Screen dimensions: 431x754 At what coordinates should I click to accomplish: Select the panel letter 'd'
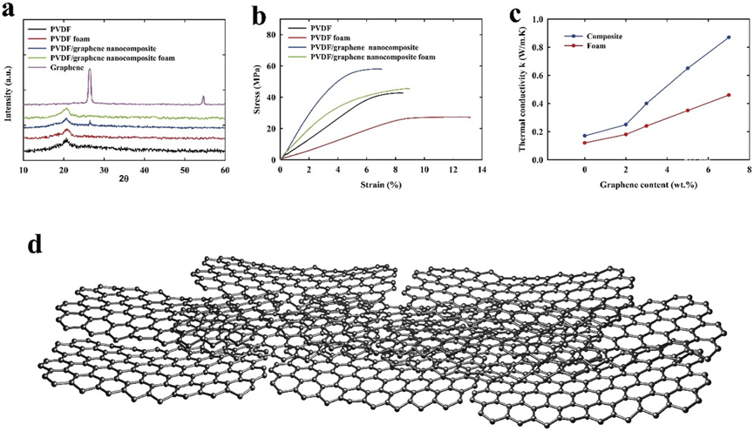36,243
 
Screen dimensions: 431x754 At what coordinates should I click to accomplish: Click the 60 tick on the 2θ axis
225,171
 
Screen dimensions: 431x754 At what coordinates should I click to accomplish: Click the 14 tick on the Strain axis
481,171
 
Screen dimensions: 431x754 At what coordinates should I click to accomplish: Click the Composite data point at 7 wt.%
728,37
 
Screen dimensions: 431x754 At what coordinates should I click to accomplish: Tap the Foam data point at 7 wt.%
728,95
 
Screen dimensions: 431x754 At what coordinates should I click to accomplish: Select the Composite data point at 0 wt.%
585,136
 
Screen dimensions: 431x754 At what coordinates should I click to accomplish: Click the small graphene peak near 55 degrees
204,98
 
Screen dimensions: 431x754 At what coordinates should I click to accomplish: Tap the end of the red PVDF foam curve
469,118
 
